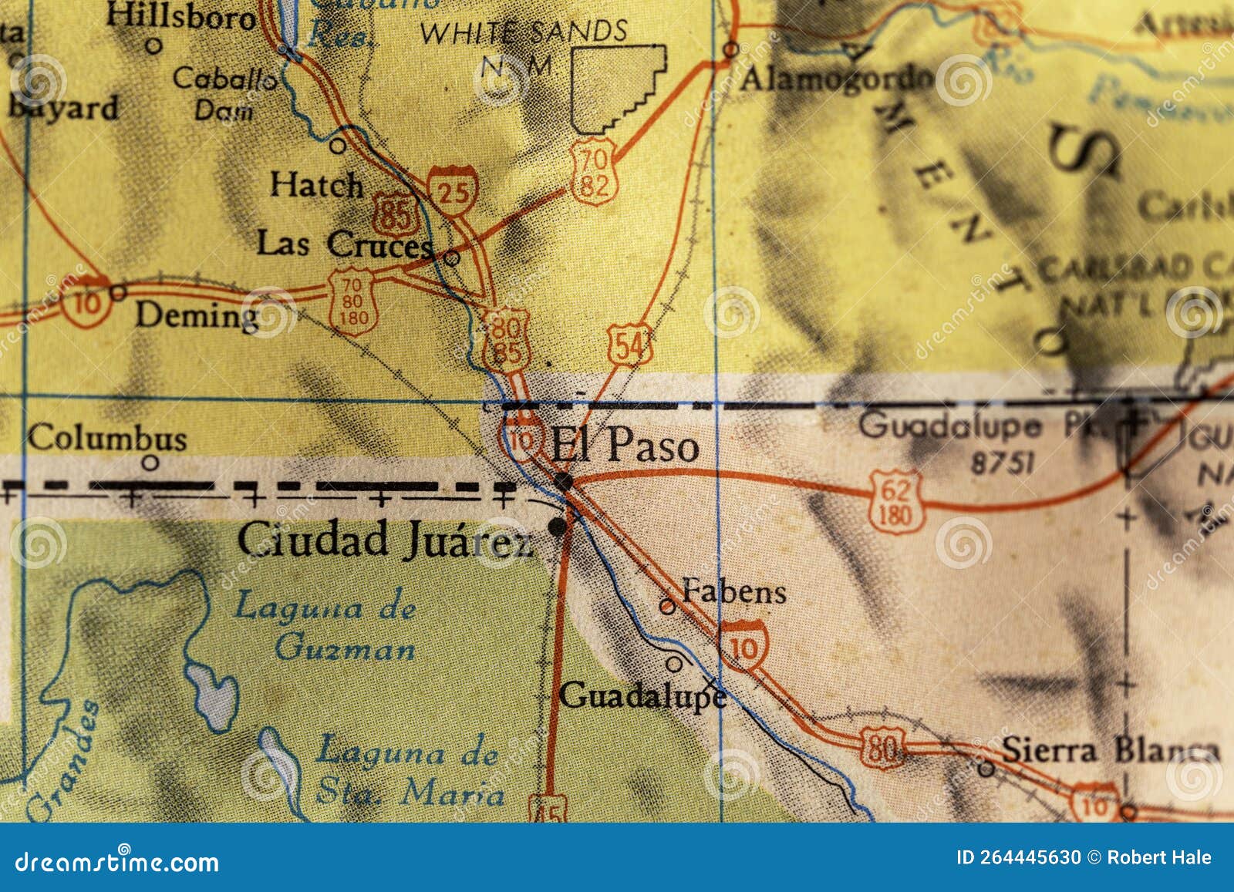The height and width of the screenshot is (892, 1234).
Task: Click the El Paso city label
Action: tap(625, 446)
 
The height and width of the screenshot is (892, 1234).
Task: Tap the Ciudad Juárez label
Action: tap(384, 539)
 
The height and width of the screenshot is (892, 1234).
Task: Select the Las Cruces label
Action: tap(344, 244)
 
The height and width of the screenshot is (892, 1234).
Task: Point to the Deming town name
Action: tap(197, 316)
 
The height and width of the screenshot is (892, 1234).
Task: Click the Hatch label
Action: tap(316, 185)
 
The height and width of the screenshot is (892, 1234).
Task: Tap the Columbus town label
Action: tap(107, 439)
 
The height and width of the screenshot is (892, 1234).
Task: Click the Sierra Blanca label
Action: tap(1111, 750)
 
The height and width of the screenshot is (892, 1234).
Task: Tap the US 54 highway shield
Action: tap(630, 346)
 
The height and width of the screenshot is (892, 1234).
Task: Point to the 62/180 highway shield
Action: tap(895, 500)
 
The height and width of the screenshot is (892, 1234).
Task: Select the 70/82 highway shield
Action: tap(595, 172)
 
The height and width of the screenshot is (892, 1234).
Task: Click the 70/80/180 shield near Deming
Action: tap(353, 301)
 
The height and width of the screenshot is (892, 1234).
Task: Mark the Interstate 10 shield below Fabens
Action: tap(744, 646)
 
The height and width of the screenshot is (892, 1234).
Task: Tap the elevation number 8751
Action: tap(1002, 463)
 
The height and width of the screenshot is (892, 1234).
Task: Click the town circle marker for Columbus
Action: tap(150, 463)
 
